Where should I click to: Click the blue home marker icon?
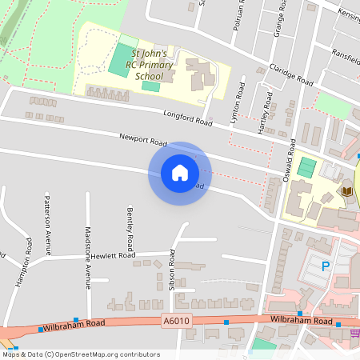(180, 173)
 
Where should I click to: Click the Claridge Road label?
(290, 74)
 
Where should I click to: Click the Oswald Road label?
(290, 151)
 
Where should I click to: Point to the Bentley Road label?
(129, 224)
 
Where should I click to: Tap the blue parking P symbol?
(325, 266)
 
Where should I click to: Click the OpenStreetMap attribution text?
(80, 354)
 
